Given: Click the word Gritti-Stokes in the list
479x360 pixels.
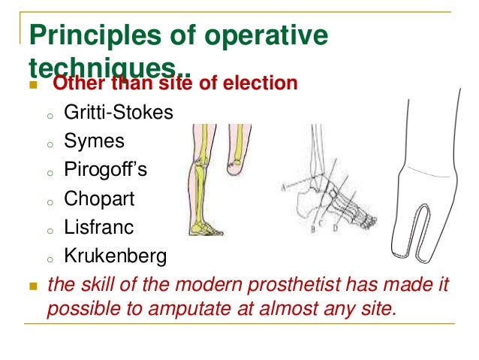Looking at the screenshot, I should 119,112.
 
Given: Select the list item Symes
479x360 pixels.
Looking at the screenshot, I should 94,141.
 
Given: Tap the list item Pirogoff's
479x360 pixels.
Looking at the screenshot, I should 105,170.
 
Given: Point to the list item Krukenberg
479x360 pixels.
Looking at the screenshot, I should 115,256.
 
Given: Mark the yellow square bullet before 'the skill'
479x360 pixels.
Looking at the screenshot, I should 32,286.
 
